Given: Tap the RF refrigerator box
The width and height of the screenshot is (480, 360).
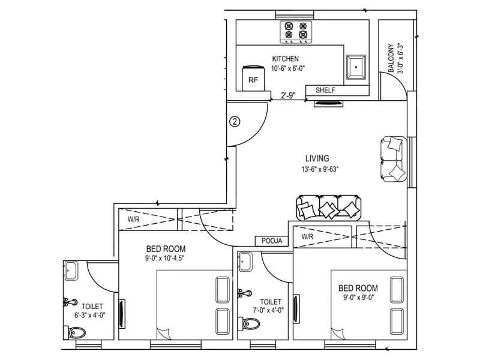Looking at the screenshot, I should pyautogui.click(x=253, y=80).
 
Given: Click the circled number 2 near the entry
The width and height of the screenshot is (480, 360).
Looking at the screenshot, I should pyautogui.click(x=235, y=122).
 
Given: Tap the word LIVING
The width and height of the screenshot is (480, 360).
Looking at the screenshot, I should pyautogui.click(x=317, y=158).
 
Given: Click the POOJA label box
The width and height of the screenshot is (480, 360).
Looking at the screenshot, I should pyautogui.click(x=272, y=241).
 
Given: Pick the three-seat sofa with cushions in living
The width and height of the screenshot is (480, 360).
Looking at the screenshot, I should pyautogui.click(x=329, y=208).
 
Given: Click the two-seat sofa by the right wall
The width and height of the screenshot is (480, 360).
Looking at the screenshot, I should pyautogui.click(x=393, y=159).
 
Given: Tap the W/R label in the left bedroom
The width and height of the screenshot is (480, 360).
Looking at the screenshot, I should pyautogui.click(x=133, y=220).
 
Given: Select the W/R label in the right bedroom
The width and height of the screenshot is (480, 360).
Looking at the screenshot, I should pyautogui.click(x=308, y=236).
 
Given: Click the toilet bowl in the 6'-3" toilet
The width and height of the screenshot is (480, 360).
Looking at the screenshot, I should pyautogui.click(x=78, y=332).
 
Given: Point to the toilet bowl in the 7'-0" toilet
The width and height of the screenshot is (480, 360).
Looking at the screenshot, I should pyautogui.click(x=252, y=324).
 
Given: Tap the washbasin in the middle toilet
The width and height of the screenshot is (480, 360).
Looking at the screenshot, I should pyautogui.click(x=245, y=261).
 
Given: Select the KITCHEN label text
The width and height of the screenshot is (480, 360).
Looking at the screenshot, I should pyautogui.click(x=285, y=59).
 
